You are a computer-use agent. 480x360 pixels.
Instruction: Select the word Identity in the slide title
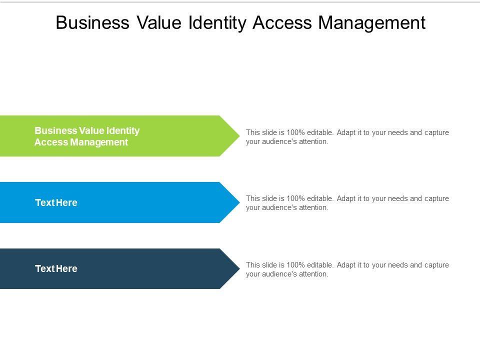tap(217, 23)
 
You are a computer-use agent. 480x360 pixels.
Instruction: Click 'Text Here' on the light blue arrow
tap(56, 203)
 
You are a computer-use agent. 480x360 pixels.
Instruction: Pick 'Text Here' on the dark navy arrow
tap(56, 269)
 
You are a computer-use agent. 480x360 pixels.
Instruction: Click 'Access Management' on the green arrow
tap(81, 142)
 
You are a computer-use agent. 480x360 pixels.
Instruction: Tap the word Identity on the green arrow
tap(123, 131)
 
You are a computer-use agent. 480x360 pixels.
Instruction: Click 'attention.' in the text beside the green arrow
tap(313, 141)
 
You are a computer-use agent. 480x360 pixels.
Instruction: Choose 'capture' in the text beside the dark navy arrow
tap(436, 265)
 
